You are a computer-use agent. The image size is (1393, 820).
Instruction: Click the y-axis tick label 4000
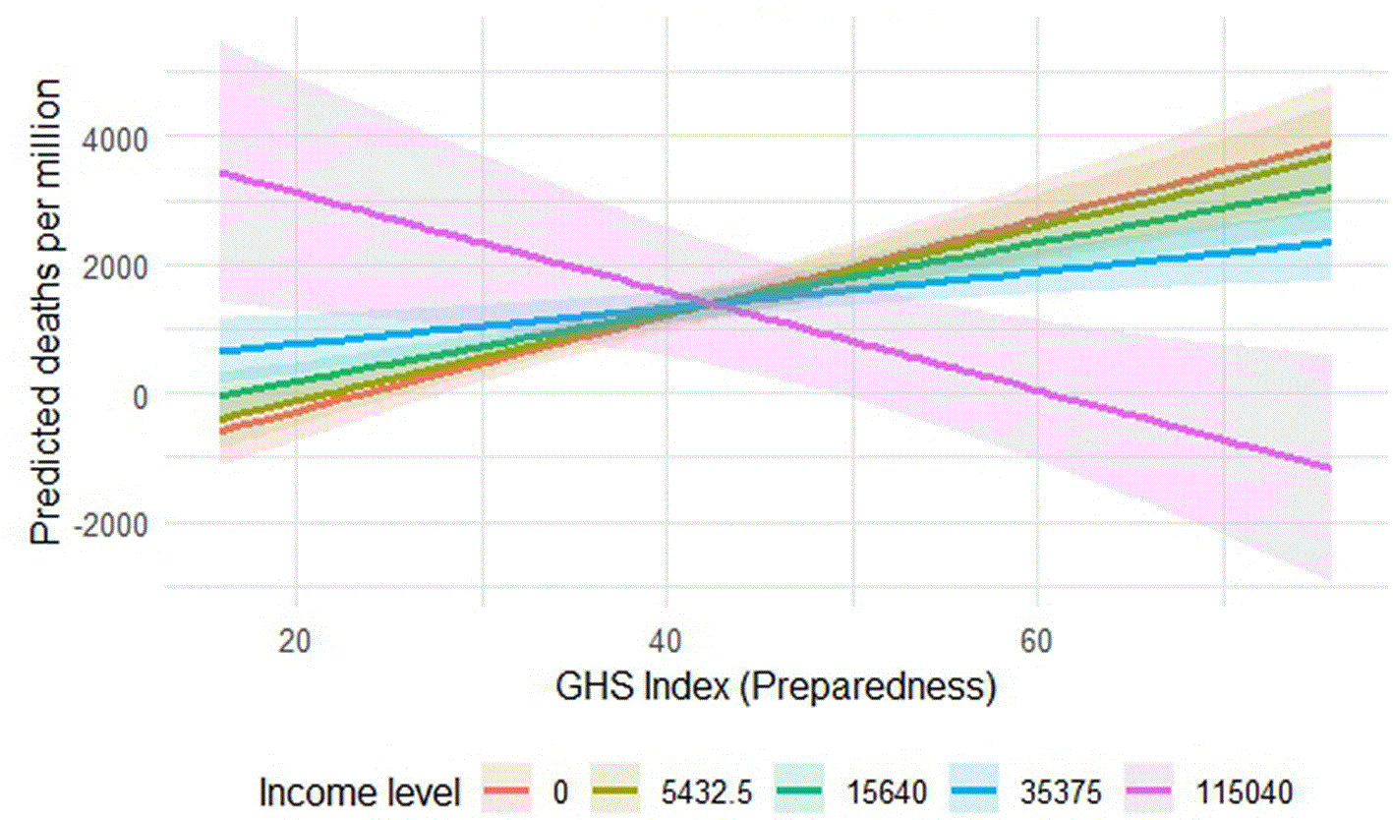click(115, 141)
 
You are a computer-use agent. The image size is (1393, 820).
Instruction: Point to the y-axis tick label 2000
click(115, 268)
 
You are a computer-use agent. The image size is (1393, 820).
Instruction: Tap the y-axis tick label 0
click(141, 397)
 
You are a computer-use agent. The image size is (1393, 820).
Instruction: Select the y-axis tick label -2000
click(111, 526)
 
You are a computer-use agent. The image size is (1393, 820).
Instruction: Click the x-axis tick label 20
click(295, 641)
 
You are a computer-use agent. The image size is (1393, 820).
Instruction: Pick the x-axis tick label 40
click(667, 641)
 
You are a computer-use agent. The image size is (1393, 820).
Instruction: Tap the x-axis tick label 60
click(1037, 641)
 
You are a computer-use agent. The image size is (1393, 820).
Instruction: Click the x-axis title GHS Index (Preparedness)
click(776, 688)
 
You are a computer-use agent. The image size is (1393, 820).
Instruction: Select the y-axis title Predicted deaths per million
click(46, 313)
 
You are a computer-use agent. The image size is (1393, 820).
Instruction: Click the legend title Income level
click(360, 792)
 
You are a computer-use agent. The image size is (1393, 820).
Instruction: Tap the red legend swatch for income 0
click(506, 791)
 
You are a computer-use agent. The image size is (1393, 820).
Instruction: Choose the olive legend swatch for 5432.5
click(614, 791)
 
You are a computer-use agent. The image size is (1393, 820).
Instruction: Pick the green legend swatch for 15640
click(799, 791)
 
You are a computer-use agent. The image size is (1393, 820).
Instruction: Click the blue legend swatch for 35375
click(974, 791)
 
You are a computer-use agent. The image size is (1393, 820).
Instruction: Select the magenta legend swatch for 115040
click(1148, 791)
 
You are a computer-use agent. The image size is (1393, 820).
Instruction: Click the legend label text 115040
click(1245, 792)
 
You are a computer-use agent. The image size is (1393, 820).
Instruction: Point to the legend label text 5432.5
click(707, 792)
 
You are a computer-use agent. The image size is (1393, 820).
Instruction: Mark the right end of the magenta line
click(1330, 468)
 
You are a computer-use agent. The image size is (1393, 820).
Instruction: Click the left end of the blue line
click(221, 352)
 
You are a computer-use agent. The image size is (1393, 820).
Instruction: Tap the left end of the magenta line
click(221, 173)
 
